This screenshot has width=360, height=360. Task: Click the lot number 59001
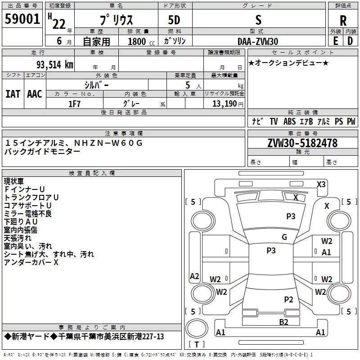[x=22, y=19]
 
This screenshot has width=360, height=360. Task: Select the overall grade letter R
[x=343, y=21]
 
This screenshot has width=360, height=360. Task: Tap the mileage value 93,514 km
[x=55, y=65]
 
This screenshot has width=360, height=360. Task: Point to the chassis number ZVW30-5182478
[x=302, y=143]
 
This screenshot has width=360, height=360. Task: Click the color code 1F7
[x=74, y=104]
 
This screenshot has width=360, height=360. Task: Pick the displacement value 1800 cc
[x=141, y=41]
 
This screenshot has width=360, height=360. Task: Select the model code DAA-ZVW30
[x=258, y=41]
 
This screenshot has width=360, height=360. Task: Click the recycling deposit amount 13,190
[x=224, y=104]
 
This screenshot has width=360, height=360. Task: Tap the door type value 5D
[x=174, y=20]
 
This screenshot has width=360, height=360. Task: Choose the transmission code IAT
[x=13, y=94]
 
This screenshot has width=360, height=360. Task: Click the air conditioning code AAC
[x=35, y=94]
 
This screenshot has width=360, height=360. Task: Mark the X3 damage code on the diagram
[x=321, y=184]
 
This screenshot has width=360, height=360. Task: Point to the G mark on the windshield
[x=284, y=237]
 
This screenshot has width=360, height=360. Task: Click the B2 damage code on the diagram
[x=283, y=322]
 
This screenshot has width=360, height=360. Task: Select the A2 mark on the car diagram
[x=194, y=276]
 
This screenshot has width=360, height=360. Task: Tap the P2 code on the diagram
[x=288, y=300]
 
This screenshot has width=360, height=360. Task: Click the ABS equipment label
[x=289, y=121]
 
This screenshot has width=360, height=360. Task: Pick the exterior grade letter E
[x=335, y=41]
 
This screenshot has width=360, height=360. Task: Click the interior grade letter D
[x=350, y=41]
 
